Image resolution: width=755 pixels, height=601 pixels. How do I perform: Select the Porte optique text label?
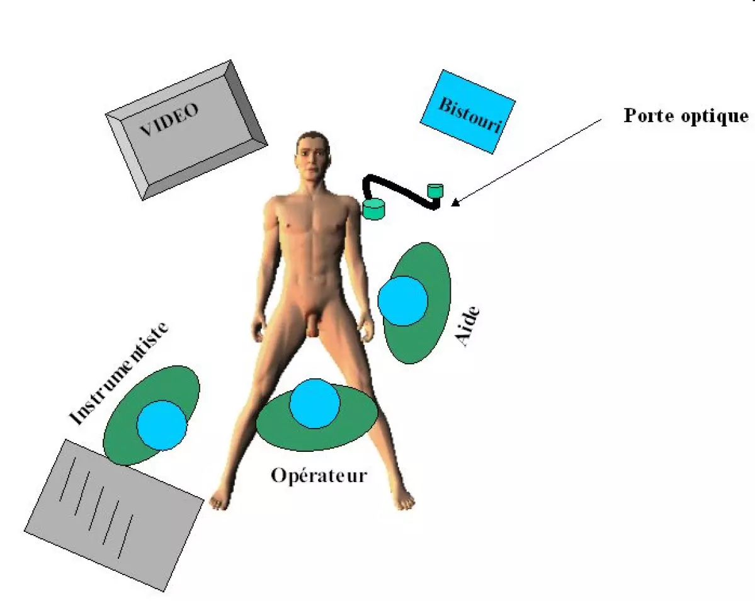pyautogui.click(x=686, y=116)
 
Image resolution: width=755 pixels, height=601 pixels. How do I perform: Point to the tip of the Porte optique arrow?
pyautogui.click(x=452, y=205)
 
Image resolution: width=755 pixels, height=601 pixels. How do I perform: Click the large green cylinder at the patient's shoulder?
pyautogui.click(x=374, y=208)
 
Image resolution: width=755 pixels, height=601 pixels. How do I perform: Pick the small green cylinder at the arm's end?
pyautogui.click(x=435, y=189)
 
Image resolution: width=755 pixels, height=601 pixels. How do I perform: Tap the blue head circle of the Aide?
pyautogui.click(x=403, y=301)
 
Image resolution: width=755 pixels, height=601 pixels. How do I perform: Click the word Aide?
pyautogui.click(x=468, y=327)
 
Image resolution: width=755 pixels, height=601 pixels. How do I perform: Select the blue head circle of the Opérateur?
pyautogui.click(x=315, y=403)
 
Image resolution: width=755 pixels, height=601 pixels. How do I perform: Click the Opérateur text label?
pyautogui.click(x=319, y=475)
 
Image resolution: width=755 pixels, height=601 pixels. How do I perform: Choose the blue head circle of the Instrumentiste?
pyautogui.click(x=162, y=425)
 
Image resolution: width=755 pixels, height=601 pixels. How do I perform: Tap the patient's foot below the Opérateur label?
pyautogui.click(x=403, y=500)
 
